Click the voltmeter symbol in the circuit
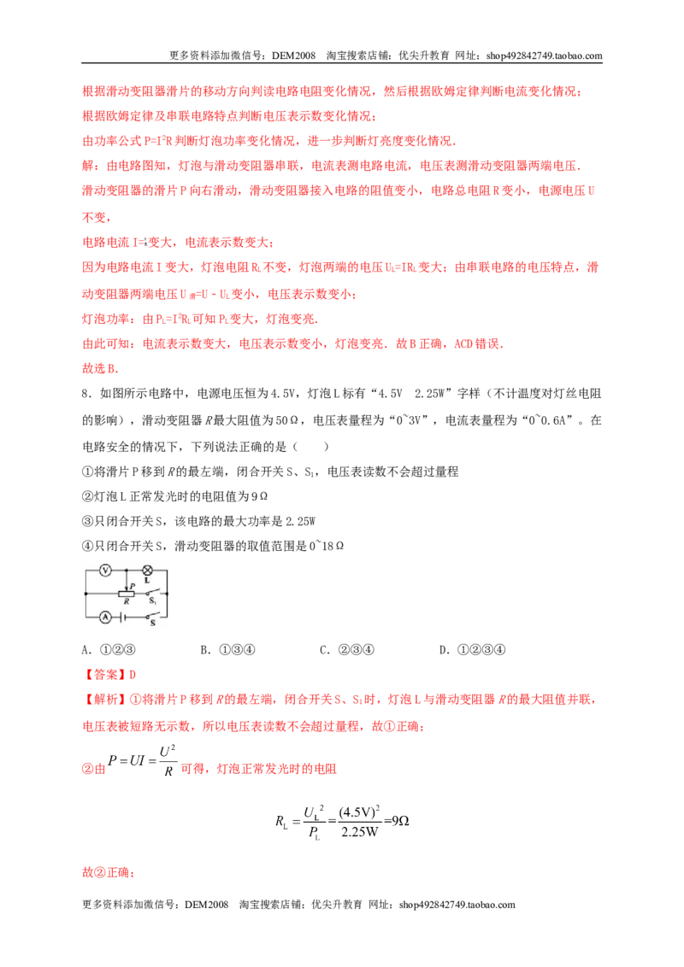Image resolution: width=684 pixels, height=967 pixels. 105,571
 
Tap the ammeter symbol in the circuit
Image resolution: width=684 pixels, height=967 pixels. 105,617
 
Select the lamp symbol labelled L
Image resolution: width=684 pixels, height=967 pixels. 148,571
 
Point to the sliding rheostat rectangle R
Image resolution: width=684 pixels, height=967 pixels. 127,594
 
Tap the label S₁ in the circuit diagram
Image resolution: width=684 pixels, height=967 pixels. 152,601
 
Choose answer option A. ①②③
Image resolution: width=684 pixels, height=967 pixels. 109,649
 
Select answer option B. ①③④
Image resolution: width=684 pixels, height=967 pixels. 227,649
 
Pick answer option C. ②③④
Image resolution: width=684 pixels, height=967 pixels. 347,649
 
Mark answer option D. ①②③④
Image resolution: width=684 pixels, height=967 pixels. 472,649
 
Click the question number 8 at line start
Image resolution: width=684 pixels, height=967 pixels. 85,394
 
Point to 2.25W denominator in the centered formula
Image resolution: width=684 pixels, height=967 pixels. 360,832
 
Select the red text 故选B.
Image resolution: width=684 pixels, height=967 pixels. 100,368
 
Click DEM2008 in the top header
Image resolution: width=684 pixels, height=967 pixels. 294,56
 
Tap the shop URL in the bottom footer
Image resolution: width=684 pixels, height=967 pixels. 457,905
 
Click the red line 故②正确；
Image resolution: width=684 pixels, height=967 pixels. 109,873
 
